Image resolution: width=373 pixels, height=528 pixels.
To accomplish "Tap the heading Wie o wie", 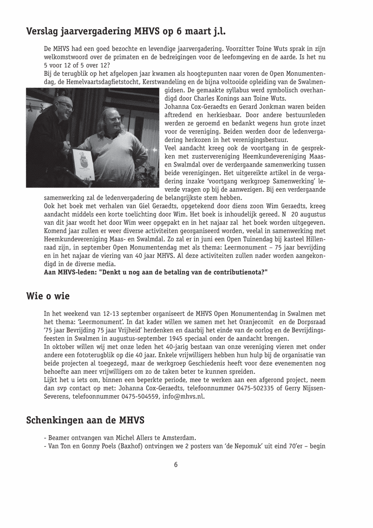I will pyautogui.click(x=48, y=296).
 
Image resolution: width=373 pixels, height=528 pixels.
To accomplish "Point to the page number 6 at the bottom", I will pyautogui.click(x=176, y=465).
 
